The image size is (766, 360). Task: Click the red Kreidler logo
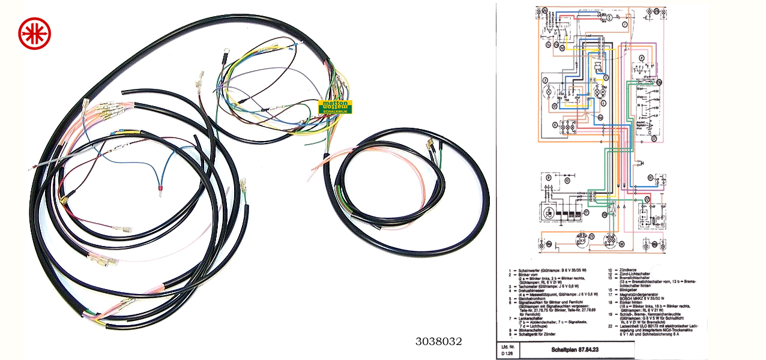tap(34, 33)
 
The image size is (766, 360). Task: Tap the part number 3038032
tap(439, 341)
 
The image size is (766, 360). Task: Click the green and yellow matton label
tap(336, 107)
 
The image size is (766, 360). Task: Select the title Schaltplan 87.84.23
tap(570, 349)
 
